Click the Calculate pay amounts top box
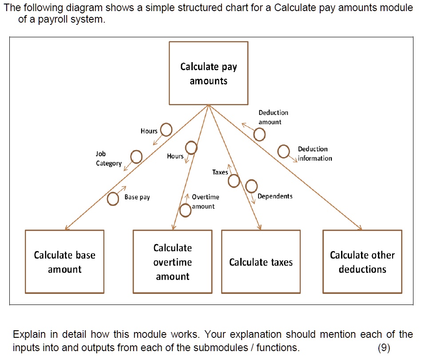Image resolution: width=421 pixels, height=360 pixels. (x=208, y=73)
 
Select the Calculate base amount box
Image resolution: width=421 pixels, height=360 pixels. (x=64, y=261)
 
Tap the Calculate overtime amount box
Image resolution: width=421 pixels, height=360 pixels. (x=172, y=261)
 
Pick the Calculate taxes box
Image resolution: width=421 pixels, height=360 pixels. (x=261, y=262)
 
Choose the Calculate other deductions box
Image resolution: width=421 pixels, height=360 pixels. (x=362, y=261)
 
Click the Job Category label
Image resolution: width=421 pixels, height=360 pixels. (x=108, y=158)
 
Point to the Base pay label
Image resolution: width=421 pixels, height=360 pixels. (x=137, y=197)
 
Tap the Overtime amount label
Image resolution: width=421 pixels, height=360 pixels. (x=205, y=202)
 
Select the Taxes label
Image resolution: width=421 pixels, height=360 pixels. (x=220, y=172)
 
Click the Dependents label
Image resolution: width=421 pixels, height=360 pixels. (x=275, y=196)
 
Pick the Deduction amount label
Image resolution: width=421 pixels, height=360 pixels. (x=273, y=117)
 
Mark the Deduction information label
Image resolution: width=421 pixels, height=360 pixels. (x=314, y=154)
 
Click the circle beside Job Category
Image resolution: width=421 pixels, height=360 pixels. (x=136, y=157)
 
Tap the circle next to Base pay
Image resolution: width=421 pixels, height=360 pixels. (x=113, y=199)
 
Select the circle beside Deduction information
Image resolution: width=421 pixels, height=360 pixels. (x=283, y=151)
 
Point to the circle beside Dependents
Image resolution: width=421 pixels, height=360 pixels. (x=251, y=186)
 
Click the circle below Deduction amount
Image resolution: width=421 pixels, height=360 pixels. (x=259, y=134)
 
